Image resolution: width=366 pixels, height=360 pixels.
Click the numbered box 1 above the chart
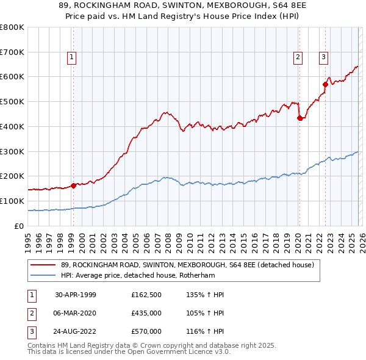(71, 57)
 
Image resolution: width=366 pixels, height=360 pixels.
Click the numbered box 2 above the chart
(298, 57)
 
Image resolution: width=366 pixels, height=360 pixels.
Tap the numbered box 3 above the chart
(323, 57)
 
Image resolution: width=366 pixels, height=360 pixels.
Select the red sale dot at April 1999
(73, 185)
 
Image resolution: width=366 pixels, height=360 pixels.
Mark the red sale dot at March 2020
(300, 118)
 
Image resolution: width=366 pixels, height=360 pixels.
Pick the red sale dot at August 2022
(325, 84)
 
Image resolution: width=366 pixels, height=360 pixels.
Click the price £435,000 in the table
(146, 313)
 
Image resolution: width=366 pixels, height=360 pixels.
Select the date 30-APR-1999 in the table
(76, 295)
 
